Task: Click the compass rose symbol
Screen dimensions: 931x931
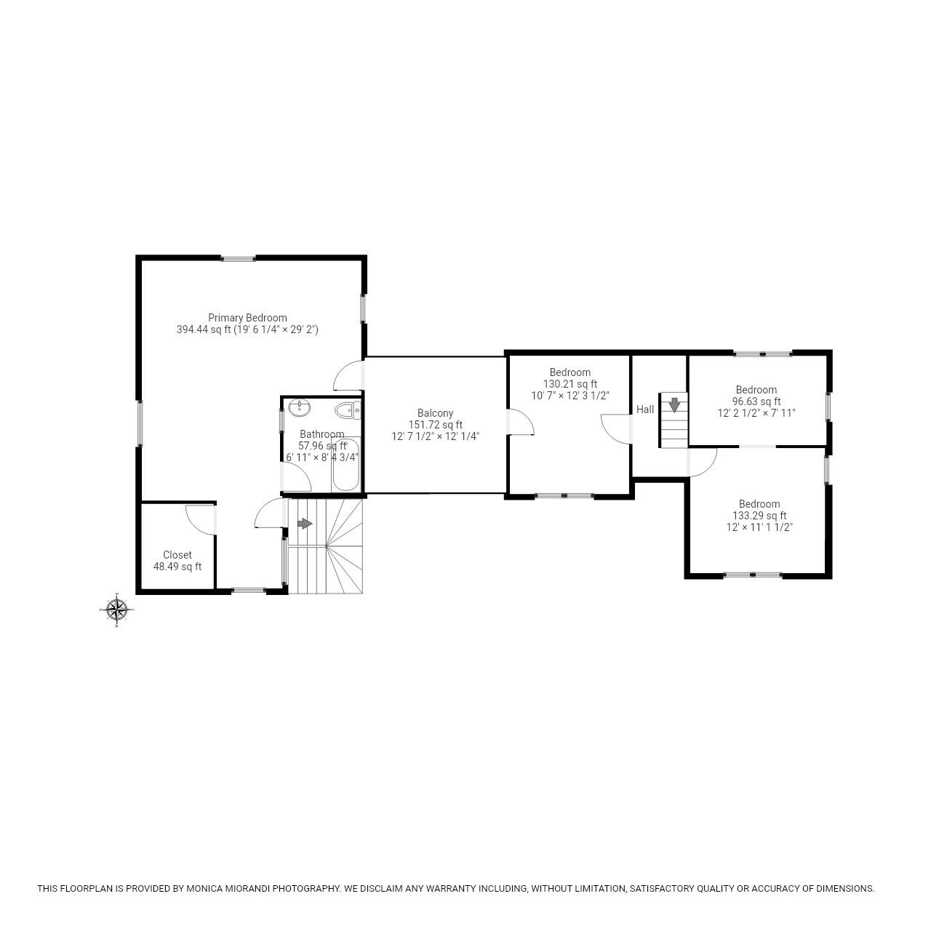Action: tap(116, 610)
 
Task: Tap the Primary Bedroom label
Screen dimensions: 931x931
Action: tap(247, 318)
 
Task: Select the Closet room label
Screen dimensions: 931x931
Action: tap(177, 555)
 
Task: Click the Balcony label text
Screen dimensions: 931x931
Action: tap(435, 413)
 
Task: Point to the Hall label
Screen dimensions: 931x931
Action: tap(645, 409)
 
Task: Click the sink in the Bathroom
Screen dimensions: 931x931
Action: tap(298, 409)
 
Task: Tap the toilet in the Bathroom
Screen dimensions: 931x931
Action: tap(348, 411)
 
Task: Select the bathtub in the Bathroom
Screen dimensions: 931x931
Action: tap(345, 465)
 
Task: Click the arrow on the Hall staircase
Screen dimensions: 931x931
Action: tap(675, 404)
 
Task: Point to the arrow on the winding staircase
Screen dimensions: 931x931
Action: tap(305, 524)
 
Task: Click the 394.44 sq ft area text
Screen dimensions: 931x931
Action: tap(203, 329)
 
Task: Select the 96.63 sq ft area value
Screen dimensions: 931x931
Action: tap(756, 401)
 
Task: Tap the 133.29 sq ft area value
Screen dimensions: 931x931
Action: tap(759, 516)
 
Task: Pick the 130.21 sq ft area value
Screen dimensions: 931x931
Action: tap(570, 384)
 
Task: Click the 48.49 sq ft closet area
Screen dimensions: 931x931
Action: tap(177, 567)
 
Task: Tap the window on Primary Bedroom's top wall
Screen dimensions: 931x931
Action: tap(238, 257)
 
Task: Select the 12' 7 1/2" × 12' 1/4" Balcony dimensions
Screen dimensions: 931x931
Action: tap(435, 436)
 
